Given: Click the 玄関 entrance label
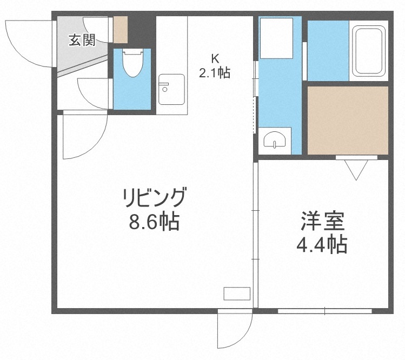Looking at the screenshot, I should pos(81,39).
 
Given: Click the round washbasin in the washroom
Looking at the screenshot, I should pos(275,141).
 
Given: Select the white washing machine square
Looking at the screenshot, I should pos(276,38).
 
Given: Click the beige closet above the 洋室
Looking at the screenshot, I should pos(348,120).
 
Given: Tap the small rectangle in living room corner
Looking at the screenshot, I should pos(237,294).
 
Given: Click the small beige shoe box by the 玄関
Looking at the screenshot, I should pos(120,30).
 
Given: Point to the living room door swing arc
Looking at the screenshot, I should pos(81,138).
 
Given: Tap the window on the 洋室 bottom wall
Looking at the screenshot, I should pos(325,311).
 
